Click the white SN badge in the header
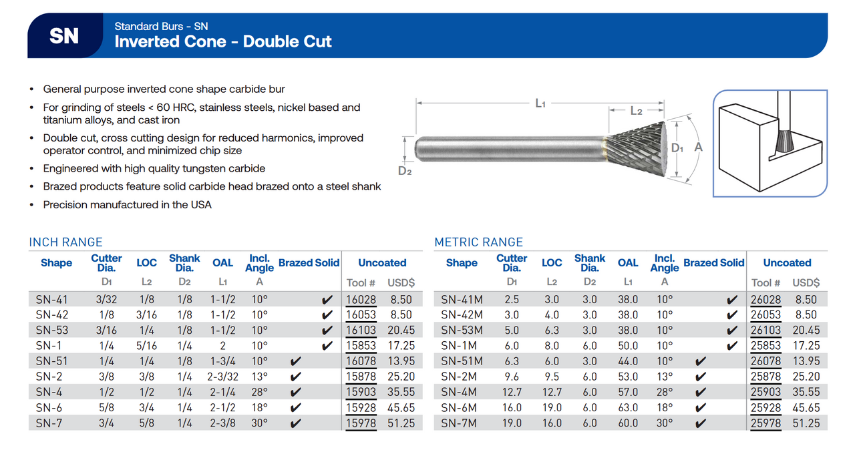point(64,36)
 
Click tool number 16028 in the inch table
point(361,300)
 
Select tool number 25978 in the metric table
point(766,423)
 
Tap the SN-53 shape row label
point(52,330)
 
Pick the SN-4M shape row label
point(460,392)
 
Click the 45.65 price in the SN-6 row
point(401,407)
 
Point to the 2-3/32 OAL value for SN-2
point(223,377)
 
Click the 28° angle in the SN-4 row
point(259,392)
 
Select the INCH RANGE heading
point(66,242)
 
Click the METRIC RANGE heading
point(478,242)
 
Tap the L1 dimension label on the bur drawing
point(540,103)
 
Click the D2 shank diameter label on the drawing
point(405,170)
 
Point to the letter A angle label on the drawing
point(699,147)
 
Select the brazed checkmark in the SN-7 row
point(296,423)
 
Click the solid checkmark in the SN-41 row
point(327,300)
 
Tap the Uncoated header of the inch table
point(382,263)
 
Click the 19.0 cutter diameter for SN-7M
point(512,423)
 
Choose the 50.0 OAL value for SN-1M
point(628,346)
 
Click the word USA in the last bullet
point(201,205)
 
